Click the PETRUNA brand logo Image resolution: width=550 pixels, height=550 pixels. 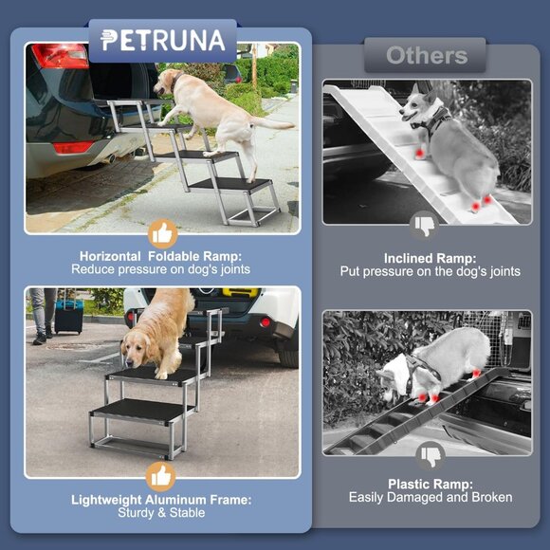[x=162, y=41]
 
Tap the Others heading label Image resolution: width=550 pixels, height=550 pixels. [x=427, y=55]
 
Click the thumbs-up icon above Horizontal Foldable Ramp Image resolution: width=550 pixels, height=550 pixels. [x=163, y=234]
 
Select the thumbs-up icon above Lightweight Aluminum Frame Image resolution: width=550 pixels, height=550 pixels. [x=163, y=476]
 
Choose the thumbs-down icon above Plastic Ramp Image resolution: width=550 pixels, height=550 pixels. [x=431, y=457]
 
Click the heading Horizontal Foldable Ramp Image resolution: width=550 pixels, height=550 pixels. [x=162, y=256]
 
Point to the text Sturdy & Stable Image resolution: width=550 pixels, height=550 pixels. [x=162, y=513]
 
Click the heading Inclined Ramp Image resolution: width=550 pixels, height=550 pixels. [x=430, y=258]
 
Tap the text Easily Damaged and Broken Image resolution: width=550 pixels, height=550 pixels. [x=431, y=498]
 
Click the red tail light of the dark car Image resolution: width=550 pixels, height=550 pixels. [x=60, y=56]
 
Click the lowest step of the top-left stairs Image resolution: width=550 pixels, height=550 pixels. [x=229, y=186]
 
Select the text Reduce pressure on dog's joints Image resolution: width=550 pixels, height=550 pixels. [x=162, y=269]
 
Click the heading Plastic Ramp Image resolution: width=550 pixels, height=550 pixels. [x=431, y=484]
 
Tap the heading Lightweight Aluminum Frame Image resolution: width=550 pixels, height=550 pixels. [x=162, y=500]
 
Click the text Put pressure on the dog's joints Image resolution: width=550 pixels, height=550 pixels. [x=430, y=271]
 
